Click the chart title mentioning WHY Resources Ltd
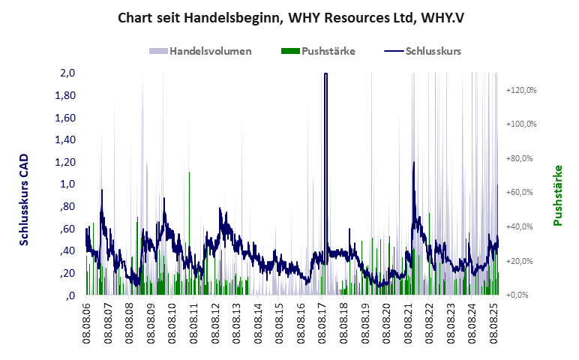coord(290,16)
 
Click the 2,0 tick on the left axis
coord(67,73)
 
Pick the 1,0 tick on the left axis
coord(67,184)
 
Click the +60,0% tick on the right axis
coord(523,193)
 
